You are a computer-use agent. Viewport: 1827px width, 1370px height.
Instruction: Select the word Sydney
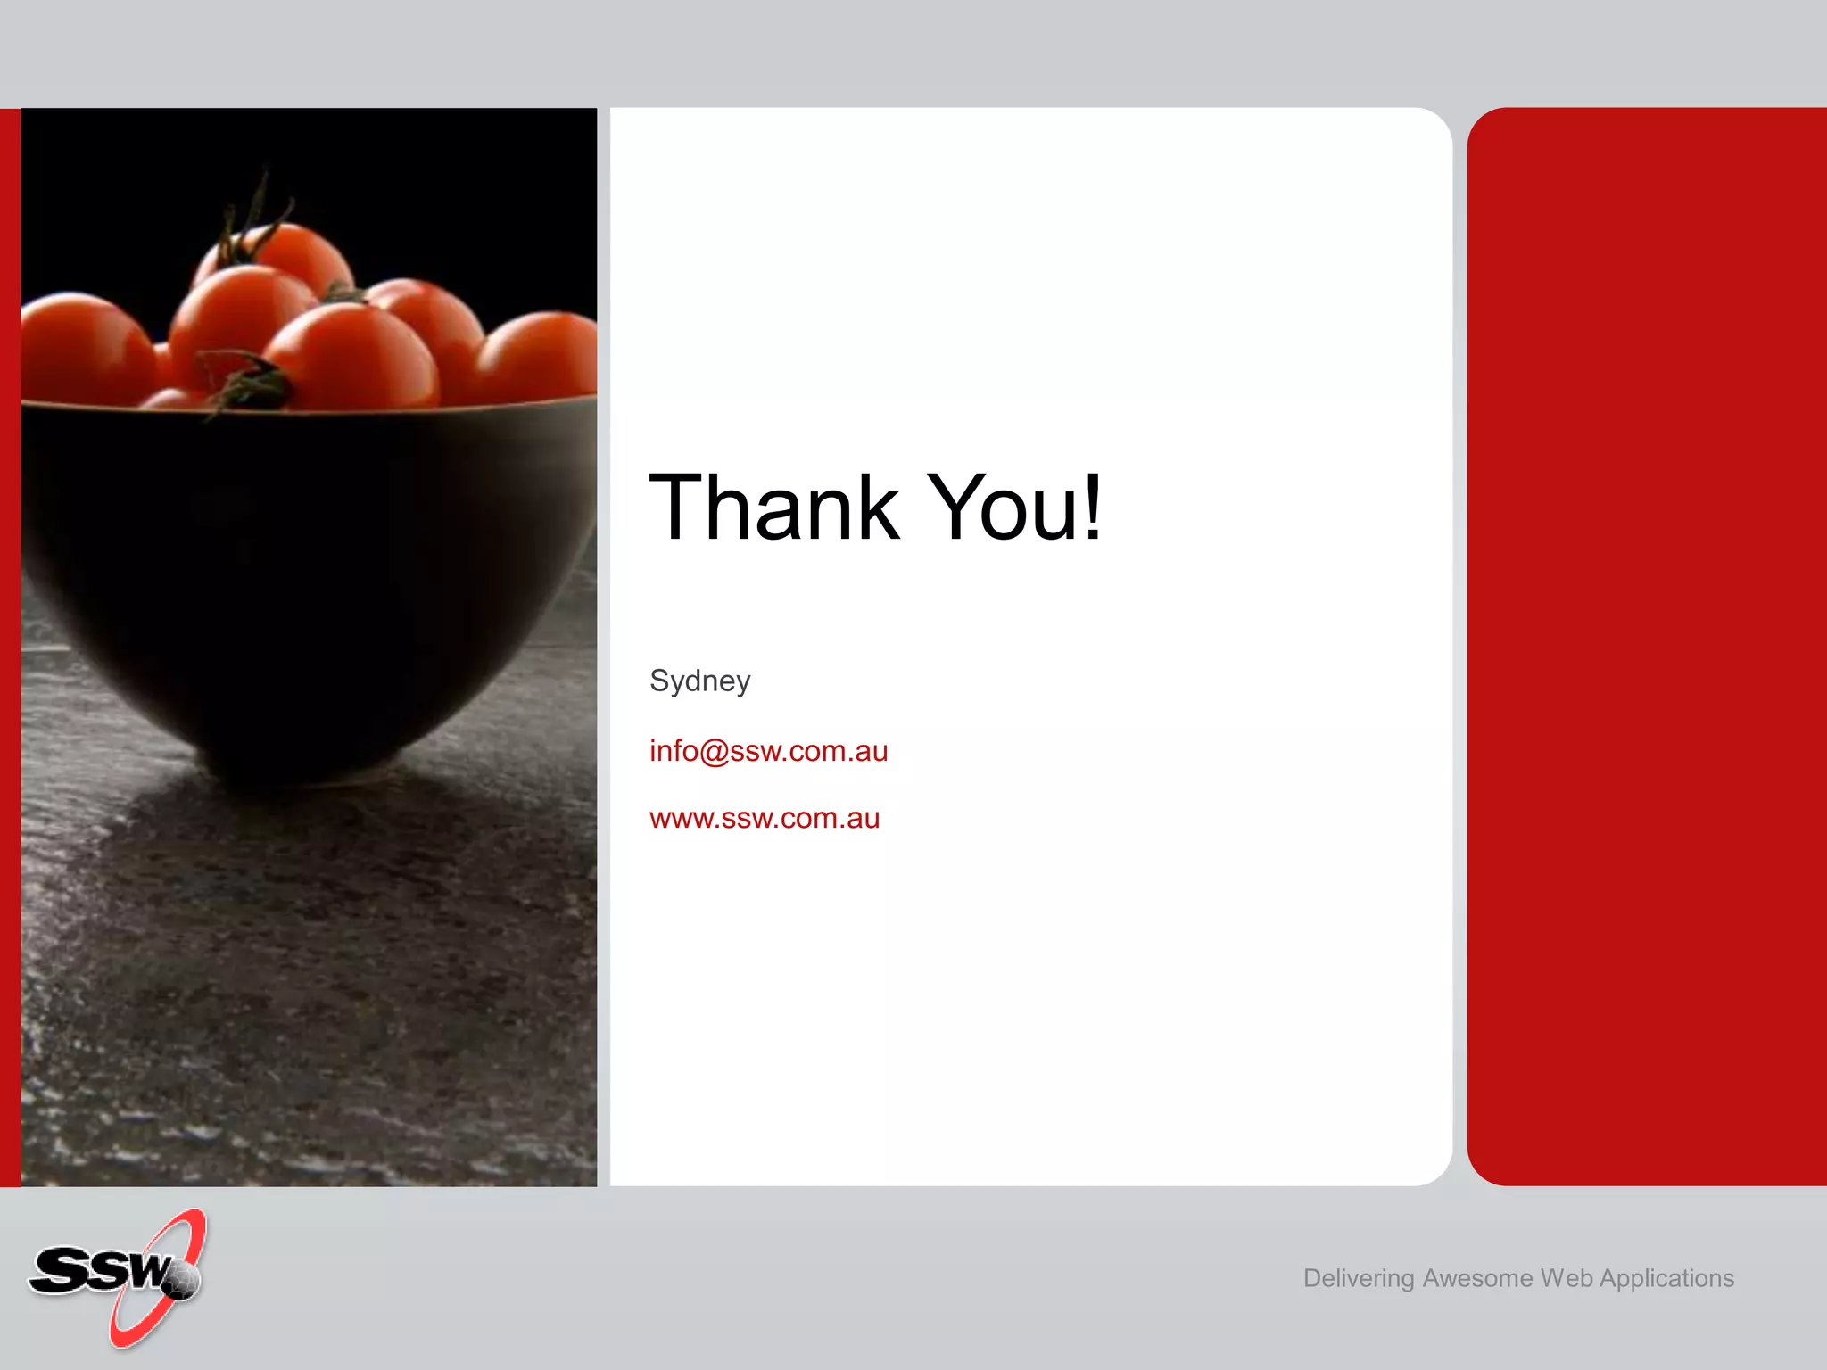[699, 681]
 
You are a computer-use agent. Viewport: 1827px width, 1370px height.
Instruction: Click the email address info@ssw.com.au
[768, 751]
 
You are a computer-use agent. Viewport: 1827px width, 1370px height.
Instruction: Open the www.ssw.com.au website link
[765, 818]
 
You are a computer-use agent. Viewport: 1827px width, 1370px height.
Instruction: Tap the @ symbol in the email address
[715, 752]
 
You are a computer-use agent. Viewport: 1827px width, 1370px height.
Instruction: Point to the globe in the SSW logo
[182, 1281]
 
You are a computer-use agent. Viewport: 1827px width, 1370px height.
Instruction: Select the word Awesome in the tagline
[1477, 1278]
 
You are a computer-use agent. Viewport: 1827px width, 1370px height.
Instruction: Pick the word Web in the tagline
[1566, 1278]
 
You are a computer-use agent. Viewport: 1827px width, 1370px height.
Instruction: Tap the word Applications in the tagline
[1666, 1279]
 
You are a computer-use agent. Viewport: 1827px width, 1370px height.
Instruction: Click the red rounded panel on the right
[1647, 646]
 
